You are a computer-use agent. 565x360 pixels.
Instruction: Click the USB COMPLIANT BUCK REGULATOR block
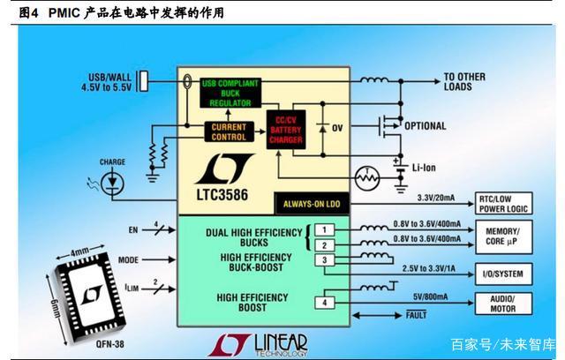(230, 93)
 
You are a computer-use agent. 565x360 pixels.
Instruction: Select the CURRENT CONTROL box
(230, 132)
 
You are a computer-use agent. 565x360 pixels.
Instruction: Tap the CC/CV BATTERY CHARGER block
(286, 130)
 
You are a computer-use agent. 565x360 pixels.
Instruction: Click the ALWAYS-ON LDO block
(312, 204)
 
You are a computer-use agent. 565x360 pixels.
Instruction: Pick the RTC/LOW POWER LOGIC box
(503, 204)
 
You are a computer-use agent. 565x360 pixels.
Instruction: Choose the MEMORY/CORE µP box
(503, 236)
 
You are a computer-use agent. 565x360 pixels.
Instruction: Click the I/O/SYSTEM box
(503, 274)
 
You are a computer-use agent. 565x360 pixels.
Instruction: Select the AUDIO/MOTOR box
(503, 304)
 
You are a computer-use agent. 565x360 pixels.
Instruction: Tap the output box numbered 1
(324, 229)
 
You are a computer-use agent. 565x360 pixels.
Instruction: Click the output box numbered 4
(324, 303)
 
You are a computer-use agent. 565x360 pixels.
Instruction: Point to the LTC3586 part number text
(222, 195)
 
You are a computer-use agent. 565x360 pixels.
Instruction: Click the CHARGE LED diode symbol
(112, 183)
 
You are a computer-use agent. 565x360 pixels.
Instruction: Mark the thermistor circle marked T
(367, 178)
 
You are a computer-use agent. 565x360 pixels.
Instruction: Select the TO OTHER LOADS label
(464, 82)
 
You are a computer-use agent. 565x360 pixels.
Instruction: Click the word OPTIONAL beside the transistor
(426, 126)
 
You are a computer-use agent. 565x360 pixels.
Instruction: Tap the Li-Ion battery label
(424, 168)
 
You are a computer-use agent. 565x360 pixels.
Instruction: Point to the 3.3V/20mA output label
(436, 198)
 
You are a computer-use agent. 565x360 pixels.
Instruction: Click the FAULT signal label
(416, 315)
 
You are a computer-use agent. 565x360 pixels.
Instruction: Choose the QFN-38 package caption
(109, 344)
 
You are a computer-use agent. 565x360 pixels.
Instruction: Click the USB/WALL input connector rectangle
(143, 81)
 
